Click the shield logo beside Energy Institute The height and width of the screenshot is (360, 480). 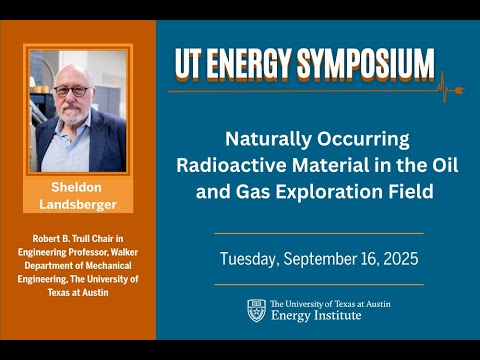256,310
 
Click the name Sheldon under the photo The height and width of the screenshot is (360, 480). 77,187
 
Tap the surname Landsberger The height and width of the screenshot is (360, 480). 77,205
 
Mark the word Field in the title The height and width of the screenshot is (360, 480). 409,191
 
